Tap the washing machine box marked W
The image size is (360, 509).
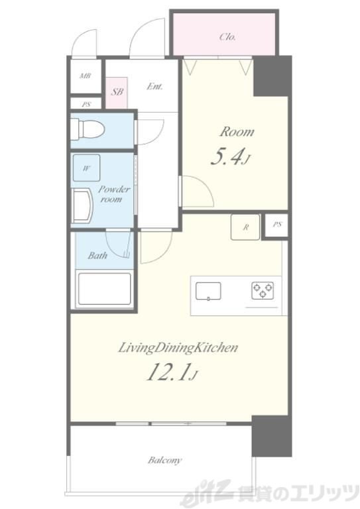click(86, 168)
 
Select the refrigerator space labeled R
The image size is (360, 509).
click(245, 227)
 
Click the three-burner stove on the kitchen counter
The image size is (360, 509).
click(263, 290)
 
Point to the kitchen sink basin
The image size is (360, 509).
click(208, 291)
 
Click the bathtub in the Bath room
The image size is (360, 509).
click(105, 289)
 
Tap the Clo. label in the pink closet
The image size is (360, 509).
click(227, 36)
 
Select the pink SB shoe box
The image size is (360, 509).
click(117, 93)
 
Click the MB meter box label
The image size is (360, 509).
click(85, 76)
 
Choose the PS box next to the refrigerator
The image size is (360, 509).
click(276, 225)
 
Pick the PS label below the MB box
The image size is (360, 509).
click(86, 105)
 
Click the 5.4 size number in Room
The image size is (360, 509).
click(227, 158)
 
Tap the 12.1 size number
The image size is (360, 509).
click(168, 372)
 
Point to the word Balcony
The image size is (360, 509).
click(164, 460)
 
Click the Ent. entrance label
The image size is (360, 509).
click(154, 86)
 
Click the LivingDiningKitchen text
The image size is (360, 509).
click(178, 348)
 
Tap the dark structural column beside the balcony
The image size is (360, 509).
click(272, 436)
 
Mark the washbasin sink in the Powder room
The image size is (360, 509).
click(82, 207)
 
